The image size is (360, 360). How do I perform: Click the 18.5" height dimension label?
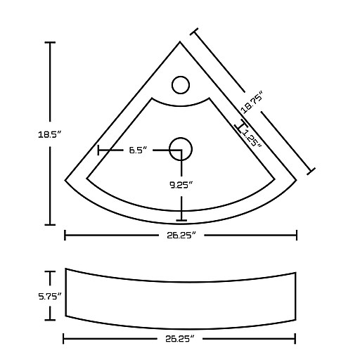49,135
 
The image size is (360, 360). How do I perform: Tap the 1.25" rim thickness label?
252,139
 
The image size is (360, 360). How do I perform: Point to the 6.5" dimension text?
138,150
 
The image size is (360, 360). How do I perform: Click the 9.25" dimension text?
181,185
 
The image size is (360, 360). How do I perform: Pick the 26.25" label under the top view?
181,235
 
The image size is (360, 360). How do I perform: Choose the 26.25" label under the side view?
180,339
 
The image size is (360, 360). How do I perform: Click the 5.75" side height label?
50,297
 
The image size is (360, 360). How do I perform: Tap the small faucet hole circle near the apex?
181,85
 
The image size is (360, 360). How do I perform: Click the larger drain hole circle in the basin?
181,149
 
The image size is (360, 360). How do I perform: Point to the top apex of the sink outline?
180,41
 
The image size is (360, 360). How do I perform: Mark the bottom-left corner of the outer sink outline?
65,180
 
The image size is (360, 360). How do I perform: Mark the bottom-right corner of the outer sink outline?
297,180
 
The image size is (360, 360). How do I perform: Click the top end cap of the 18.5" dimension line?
50,42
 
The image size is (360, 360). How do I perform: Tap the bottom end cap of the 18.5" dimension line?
50,225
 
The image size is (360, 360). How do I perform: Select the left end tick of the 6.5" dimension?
98,150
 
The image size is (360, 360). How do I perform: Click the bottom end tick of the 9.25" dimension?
181,220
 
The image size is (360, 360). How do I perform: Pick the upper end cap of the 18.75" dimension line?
194,32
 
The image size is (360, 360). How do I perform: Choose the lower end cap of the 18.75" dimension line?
311,172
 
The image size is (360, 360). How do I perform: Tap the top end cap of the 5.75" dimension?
50,271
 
